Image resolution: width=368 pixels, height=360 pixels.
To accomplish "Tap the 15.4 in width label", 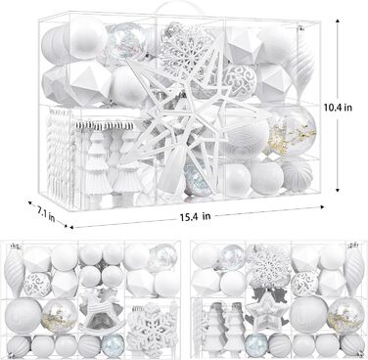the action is [195, 216].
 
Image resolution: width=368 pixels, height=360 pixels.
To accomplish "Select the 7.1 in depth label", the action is [45, 214].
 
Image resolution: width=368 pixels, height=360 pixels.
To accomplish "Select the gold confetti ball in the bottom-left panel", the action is [60, 316].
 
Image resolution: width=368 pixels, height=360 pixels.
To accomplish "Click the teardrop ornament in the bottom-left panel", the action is [14, 271].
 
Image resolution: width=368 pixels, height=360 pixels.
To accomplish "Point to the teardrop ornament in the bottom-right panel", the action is [353, 270].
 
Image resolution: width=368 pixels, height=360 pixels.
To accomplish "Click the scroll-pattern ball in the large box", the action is [242, 80].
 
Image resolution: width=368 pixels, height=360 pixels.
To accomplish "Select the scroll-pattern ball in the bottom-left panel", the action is [37, 285].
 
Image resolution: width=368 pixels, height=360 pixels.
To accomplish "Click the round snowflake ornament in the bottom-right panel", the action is [268, 263].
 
